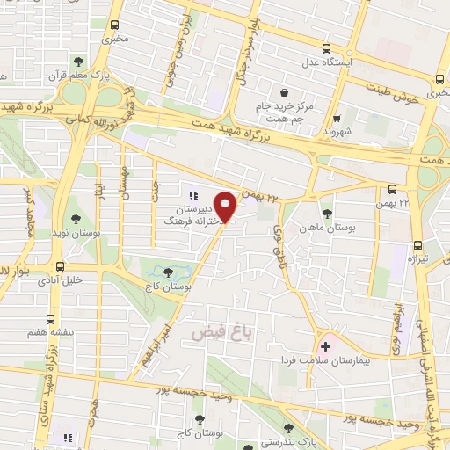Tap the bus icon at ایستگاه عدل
[x=326, y=49]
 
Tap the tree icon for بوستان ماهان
[x=327, y=214]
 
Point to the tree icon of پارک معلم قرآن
[x=80, y=62]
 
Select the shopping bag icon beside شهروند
[x=337, y=114]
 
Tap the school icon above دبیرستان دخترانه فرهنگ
[x=193, y=196]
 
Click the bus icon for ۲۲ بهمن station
[x=392, y=188]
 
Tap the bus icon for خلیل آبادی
[x=60, y=266]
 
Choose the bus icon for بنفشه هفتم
[x=51, y=320]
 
